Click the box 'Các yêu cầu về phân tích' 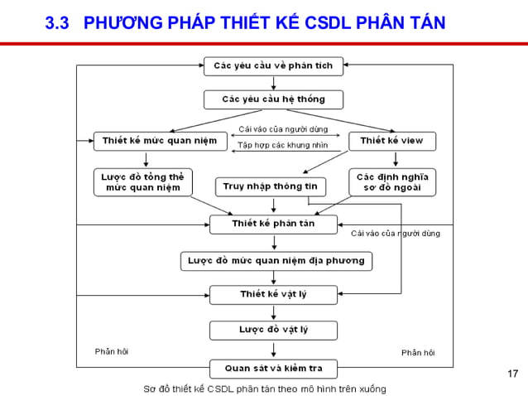pos(273,65)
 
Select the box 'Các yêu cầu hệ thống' pos(273,99)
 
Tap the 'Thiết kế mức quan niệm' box pos(160,141)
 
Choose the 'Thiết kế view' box pos(391,141)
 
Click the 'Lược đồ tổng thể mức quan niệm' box pos(142,181)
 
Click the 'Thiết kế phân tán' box pos(273,224)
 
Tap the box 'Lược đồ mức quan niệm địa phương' pos(276,261)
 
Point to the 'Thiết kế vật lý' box pos(273,294)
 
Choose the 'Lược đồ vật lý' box pos(273,330)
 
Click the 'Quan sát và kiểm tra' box pos(273,368)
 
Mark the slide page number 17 pos(511,375)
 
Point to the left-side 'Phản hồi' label pos(112,352)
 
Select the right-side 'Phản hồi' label pos(418,353)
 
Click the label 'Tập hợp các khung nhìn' pos(282,146)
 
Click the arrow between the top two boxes pos(273,83)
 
